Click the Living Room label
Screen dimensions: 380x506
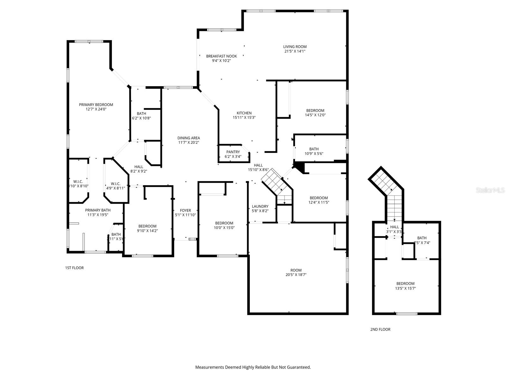[295, 47]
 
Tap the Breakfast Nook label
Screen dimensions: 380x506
[221, 56]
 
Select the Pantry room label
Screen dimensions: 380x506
[233, 152]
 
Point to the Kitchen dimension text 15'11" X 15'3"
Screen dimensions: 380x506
[244, 117]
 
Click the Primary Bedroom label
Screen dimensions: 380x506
[96, 105]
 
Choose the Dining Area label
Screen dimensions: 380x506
[188, 138]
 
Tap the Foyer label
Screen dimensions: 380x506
[185, 211]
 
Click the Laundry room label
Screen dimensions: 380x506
[260, 206]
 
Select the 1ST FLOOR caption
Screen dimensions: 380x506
[74, 268]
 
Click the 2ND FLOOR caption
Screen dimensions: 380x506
[380, 329]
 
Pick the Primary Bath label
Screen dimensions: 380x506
[98, 210]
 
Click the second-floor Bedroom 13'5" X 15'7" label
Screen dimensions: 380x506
[405, 284]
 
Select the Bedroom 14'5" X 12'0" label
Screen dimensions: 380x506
[315, 111]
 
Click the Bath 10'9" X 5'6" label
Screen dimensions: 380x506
[314, 149]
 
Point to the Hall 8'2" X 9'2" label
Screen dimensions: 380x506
[139, 167]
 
